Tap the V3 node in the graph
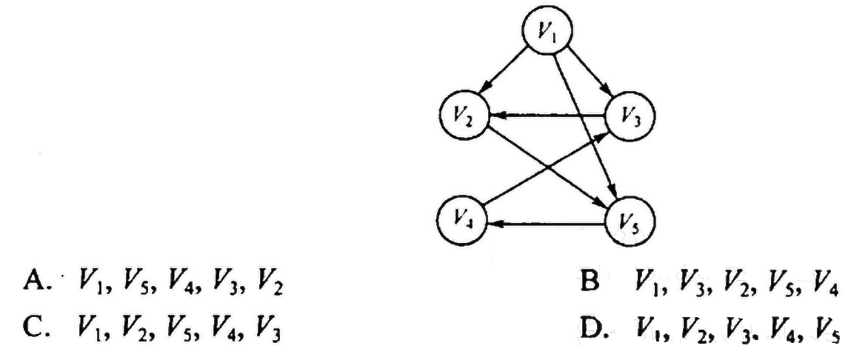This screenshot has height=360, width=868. tap(630, 117)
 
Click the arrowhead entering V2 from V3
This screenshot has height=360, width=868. tap(495, 116)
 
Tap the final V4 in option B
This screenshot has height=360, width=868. tap(829, 285)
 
